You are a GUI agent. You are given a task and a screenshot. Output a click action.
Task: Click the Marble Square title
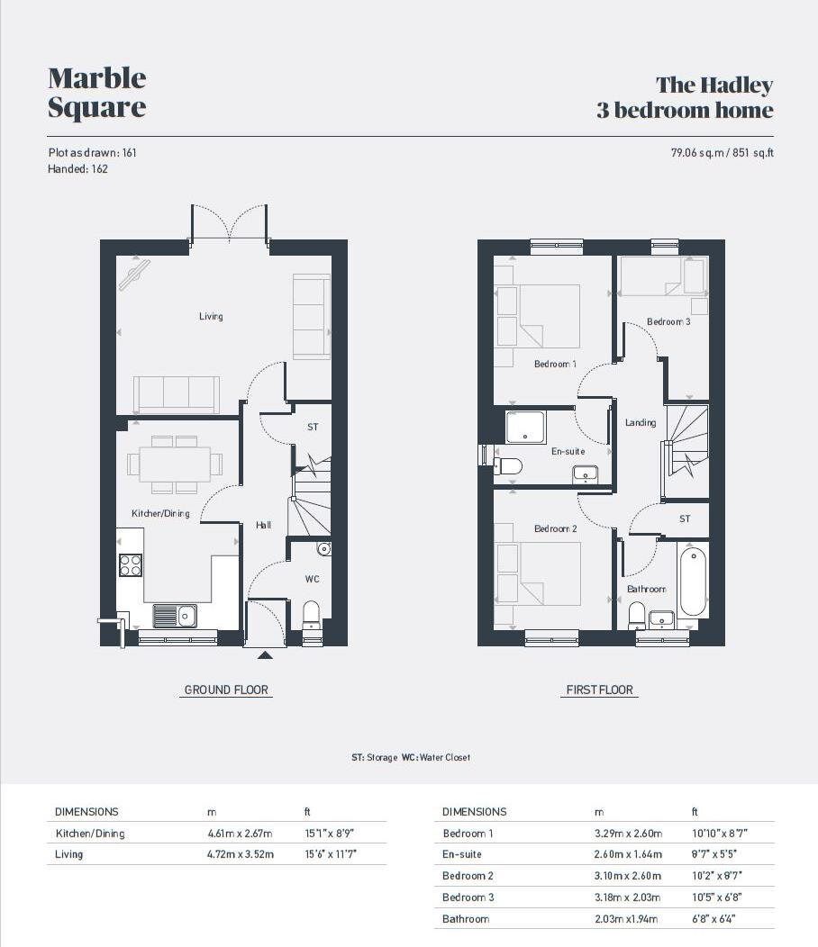(96, 93)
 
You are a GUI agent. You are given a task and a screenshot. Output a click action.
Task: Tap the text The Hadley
(713, 86)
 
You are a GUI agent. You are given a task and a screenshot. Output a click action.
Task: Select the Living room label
(211, 316)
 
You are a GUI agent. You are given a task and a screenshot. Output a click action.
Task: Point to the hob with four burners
(131, 564)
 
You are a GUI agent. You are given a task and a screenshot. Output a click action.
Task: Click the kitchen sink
(177, 616)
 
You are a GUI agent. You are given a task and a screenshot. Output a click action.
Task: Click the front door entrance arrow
(266, 654)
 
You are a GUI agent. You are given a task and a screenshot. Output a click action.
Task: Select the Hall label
(263, 525)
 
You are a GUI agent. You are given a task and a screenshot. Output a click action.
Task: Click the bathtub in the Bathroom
(693, 579)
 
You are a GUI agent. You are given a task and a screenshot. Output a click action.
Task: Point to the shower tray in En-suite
(526, 427)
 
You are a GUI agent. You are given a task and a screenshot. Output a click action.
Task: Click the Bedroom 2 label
(556, 528)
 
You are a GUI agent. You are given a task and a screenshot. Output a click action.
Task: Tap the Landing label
(641, 422)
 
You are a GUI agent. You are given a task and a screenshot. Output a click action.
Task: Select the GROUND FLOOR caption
(226, 690)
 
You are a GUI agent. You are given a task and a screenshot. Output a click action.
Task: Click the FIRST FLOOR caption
(599, 690)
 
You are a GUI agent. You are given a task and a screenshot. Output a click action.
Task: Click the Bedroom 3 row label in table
(468, 897)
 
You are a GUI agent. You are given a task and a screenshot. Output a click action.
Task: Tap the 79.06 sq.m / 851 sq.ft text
(716, 153)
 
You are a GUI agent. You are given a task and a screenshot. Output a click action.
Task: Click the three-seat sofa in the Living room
(177, 394)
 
